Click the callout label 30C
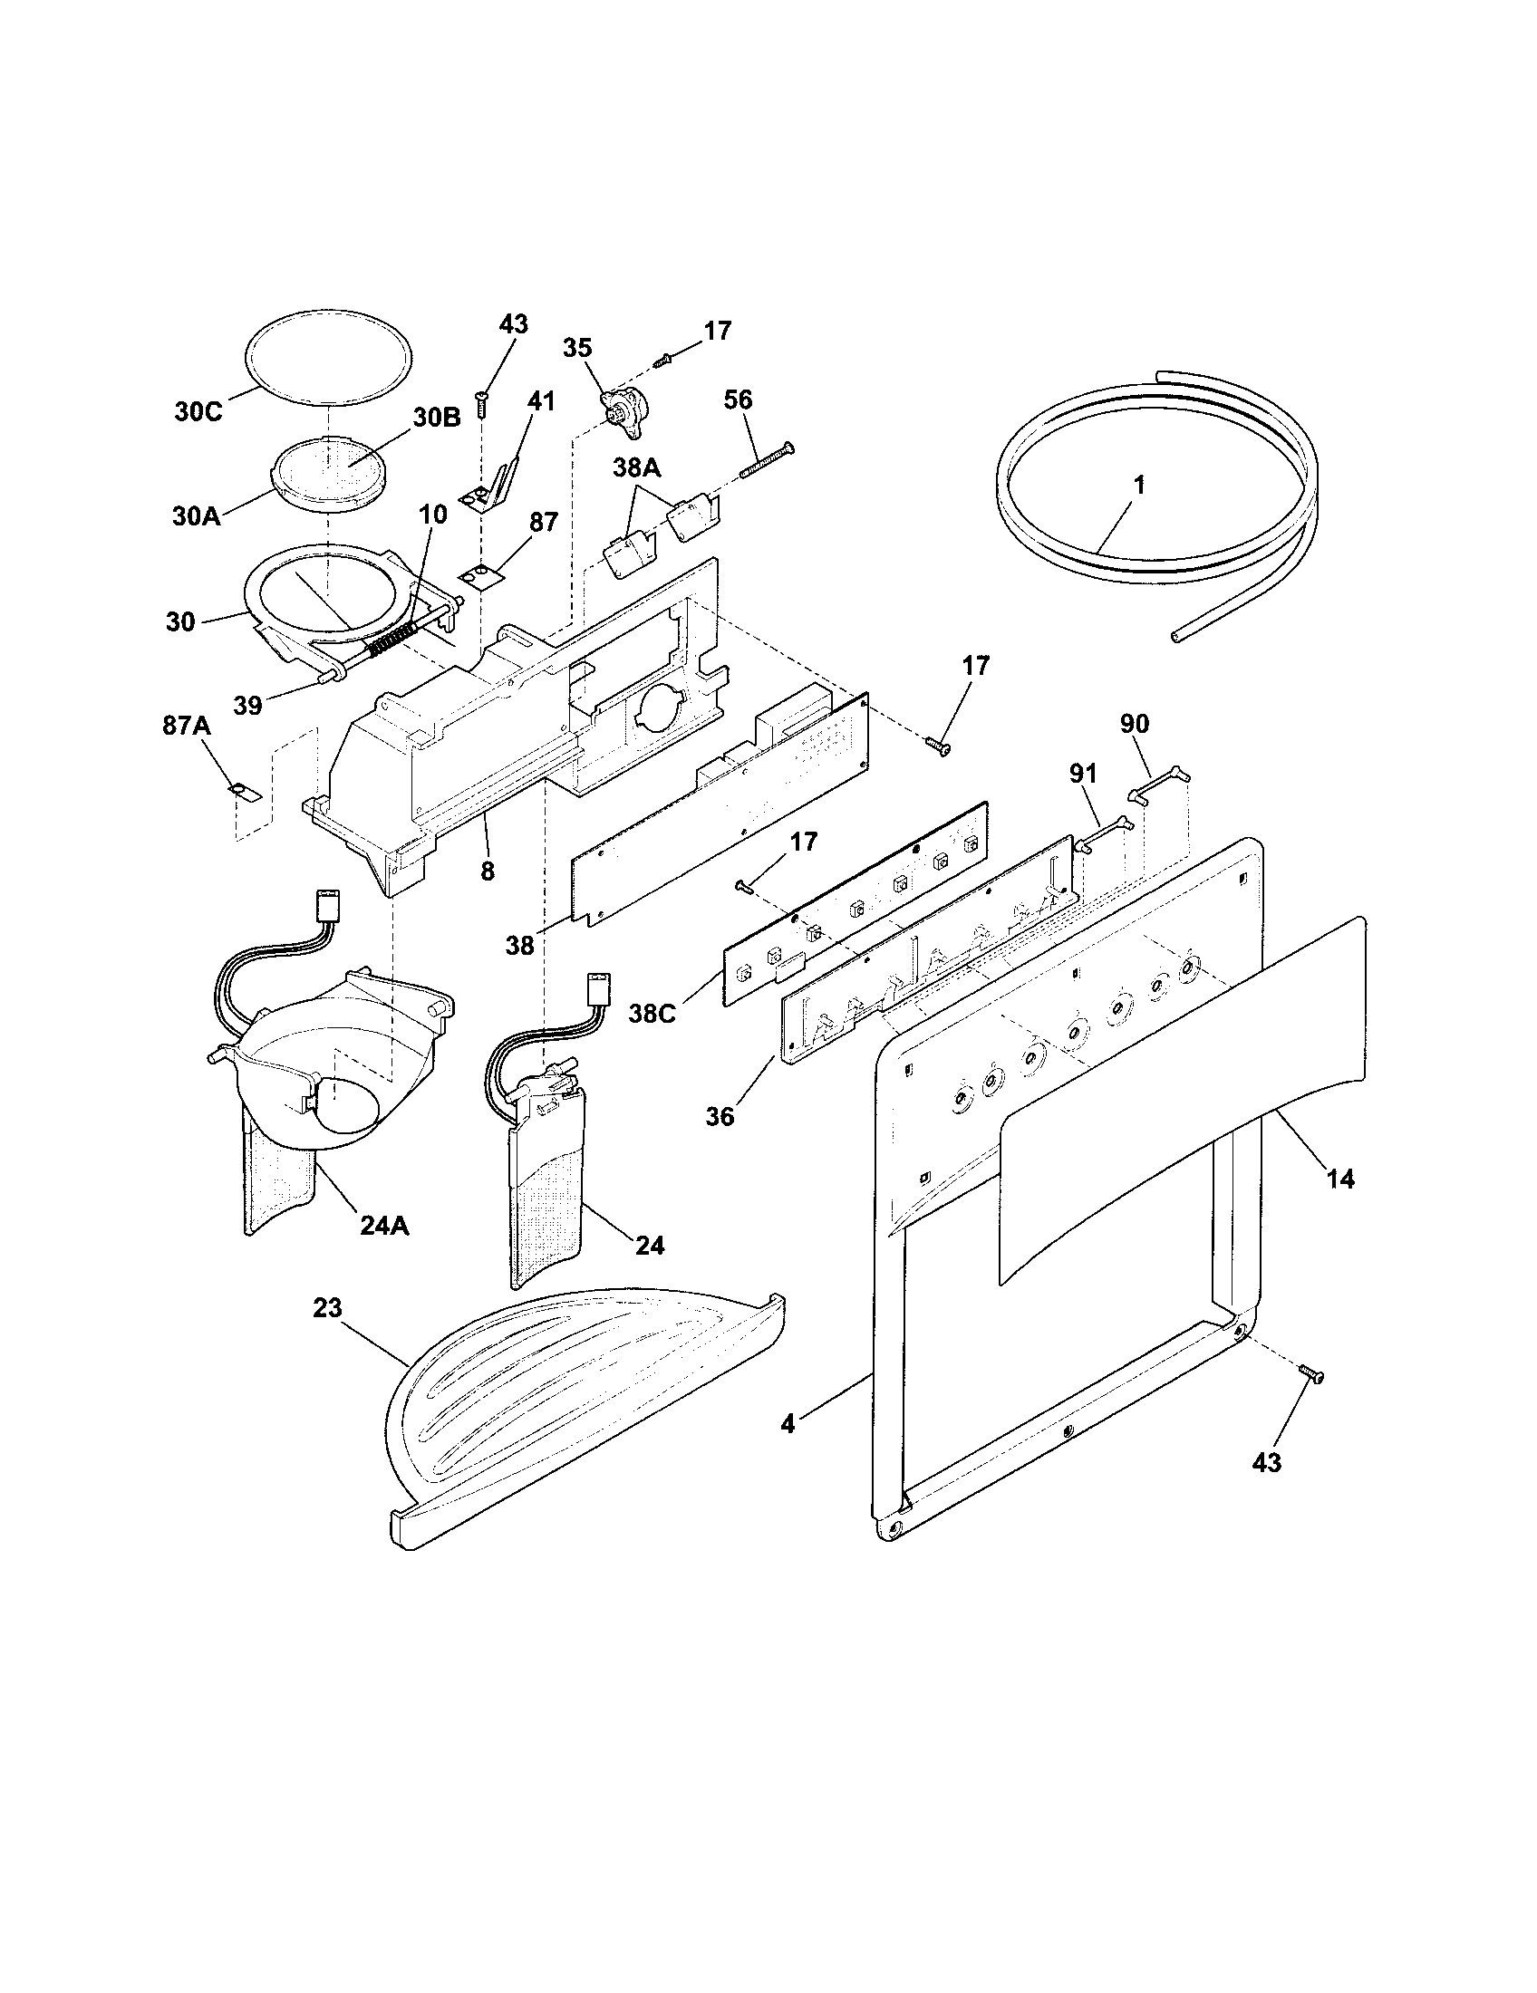pyautogui.click(x=198, y=411)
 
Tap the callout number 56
pyautogui.click(x=739, y=400)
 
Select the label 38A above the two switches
pyautogui.click(x=636, y=469)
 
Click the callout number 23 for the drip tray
pyautogui.click(x=327, y=1307)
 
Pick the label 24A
pyautogui.click(x=384, y=1227)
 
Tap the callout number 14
pyautogui.click(x=1339, y=1178)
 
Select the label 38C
pyautogui.click(x=652, y=1013)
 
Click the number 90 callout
pyautogui.click(x=1135, y=724)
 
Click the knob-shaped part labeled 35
pyautogui.click(x=619, y=405)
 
